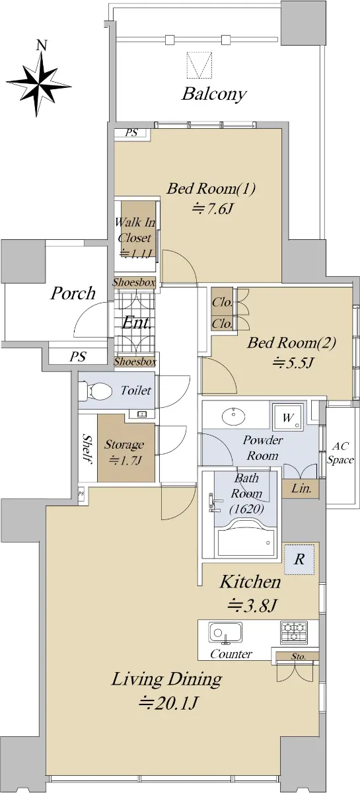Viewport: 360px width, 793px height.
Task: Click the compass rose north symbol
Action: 39,81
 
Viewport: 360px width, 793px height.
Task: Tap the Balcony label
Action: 214,94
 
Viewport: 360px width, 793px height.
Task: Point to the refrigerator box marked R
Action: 299,559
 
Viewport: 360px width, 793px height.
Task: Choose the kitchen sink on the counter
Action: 225,632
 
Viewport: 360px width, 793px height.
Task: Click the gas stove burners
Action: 294,632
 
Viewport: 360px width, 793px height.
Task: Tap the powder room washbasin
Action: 234,416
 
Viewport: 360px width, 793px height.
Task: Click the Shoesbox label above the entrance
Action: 134,283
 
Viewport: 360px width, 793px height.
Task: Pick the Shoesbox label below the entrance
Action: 135,361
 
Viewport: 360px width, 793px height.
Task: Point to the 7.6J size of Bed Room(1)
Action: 211,209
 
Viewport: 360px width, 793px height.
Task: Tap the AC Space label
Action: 340,453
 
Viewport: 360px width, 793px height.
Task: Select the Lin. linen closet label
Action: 301,489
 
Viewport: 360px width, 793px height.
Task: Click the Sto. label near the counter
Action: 299,656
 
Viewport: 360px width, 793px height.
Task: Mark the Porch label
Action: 73,293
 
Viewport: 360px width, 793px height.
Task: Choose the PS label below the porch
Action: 77,356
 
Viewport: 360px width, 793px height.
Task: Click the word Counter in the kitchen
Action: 231,654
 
